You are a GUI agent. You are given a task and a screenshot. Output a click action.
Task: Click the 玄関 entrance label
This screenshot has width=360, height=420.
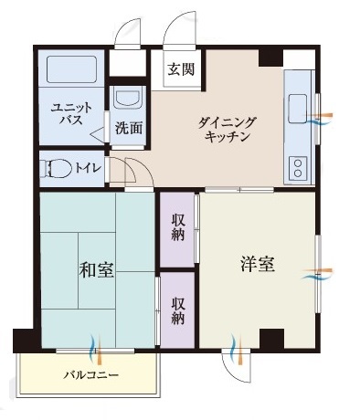coord(181,69)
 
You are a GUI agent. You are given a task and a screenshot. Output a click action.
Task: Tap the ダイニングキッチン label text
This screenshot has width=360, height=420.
coord(227,130)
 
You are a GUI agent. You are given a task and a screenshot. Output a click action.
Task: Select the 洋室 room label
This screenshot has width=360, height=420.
coord(258,264)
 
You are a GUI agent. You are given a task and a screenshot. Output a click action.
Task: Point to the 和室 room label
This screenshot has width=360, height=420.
coord(97,269)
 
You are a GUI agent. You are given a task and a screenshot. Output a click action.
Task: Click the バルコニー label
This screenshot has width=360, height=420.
coord(90,374)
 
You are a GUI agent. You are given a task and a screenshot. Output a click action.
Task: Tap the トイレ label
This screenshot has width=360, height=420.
coord(88,168)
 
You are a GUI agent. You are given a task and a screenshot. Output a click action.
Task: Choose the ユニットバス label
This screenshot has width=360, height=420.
coord(72,114)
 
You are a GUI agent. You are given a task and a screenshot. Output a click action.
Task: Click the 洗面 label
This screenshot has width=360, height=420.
coord(129,128)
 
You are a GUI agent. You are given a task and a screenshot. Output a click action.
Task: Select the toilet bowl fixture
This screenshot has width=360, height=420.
coord(58,168)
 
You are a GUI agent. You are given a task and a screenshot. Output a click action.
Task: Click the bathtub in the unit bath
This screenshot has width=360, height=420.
coord(71,69)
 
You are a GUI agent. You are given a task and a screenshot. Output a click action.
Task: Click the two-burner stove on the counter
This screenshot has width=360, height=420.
coord(298,168)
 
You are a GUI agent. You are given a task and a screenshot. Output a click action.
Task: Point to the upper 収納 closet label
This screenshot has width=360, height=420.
coord(178,227)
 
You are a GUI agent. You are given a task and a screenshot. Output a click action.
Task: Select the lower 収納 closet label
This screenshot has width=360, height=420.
coord(178,310)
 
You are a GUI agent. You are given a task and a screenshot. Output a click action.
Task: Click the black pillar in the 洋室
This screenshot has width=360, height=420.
coord(271,339)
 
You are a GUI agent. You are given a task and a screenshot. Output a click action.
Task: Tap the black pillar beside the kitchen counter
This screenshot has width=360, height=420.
coord(270,58)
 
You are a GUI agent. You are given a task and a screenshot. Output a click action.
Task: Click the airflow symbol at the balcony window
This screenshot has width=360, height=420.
coord(96,350)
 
